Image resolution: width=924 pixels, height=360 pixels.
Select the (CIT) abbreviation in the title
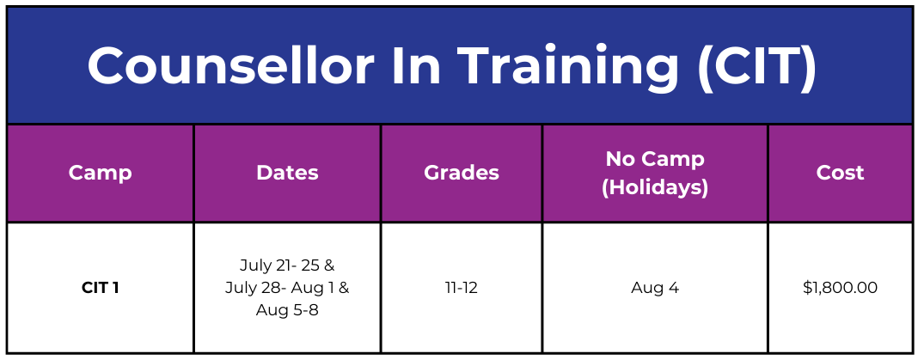[x=757, y=66]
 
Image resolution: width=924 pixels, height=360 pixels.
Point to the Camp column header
[x=101, y=174]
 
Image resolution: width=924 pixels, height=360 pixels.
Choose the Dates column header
[x=288, y=173]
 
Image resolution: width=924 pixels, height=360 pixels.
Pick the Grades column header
[x=462, y=173]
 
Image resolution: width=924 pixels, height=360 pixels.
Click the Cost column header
[x=841, y=173]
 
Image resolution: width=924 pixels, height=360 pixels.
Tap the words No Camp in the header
[x=655, y=158]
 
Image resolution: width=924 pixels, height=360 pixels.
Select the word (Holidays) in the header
[x=655, y=187]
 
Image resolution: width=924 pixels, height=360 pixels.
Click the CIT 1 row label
[x=101, y=288]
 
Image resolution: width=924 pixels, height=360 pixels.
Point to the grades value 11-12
[x=462, y=288]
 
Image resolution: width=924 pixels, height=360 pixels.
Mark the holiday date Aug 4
[x=655, y=289]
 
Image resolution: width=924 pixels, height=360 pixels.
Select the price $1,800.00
[x=841, y=288]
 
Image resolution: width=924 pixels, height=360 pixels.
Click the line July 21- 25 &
[x=288, y=265]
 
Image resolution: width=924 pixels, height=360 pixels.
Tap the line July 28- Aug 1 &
[x=288, y=288]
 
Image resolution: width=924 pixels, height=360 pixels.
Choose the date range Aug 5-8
[x=288, y=310]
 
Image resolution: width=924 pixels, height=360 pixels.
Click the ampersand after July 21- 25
[x=329, y=265]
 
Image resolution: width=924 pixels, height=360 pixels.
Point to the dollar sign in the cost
[x=807, y=288]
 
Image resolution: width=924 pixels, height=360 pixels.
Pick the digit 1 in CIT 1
[x=115, y=288]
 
